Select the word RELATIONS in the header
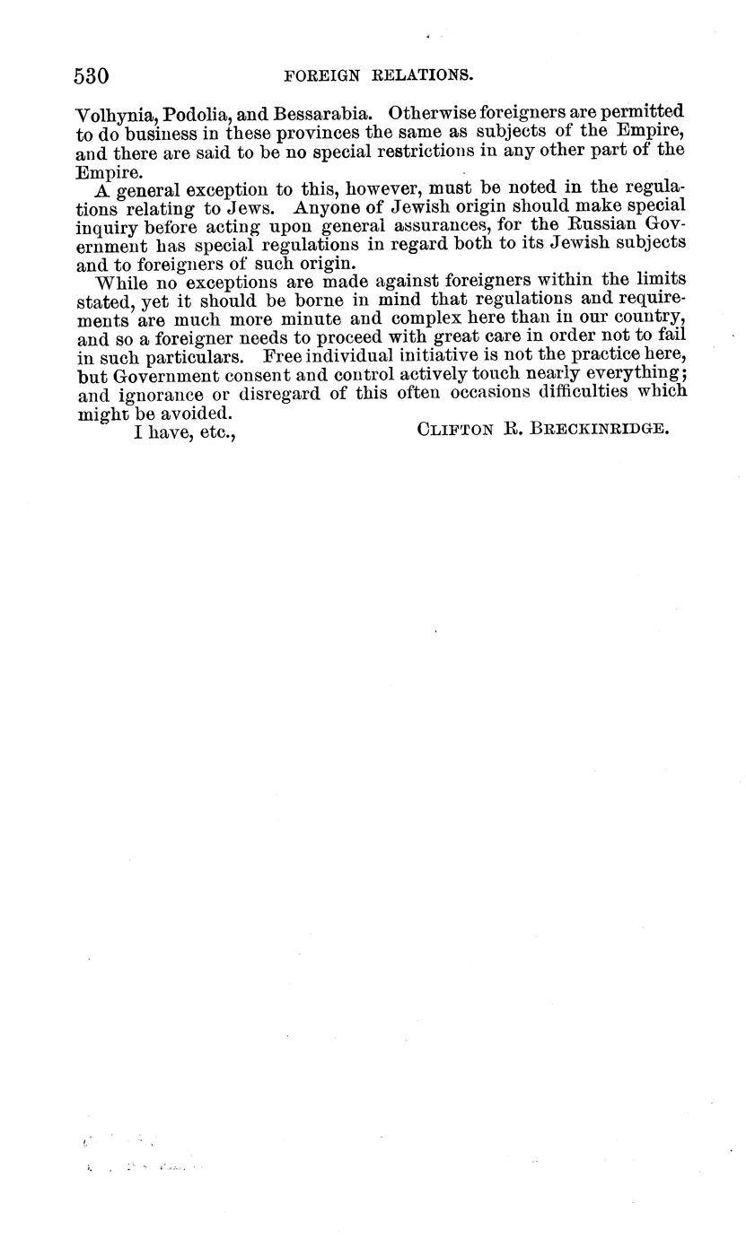click(x=423, y=76)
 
